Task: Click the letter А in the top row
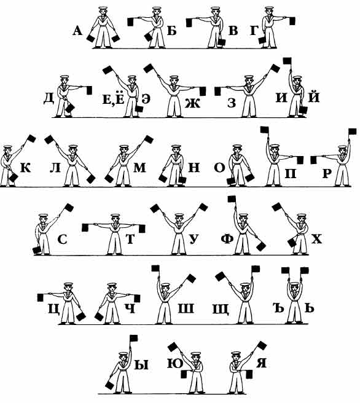coord(77,31)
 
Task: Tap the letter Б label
coord(172,31)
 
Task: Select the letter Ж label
coord(192,103)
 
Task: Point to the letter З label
coord(232,103)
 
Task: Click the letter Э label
coord(146,99)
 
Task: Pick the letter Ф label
coord(227,239)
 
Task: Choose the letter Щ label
coord(221,308)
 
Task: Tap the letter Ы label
coord(141,364)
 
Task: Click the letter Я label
coord(261,362)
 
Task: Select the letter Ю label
coord(175,364)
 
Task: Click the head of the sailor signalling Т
coord(115,219)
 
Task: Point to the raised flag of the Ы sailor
coord(134,338)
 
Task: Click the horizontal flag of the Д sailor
coord(89,90)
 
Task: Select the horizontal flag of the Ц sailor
coord(41,297)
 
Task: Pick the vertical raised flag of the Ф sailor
coord(232,199)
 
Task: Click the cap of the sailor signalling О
coord(238,147)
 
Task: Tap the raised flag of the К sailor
coord(31,139)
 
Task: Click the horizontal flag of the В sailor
coord(190,23)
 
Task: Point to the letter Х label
coord(316,240)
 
